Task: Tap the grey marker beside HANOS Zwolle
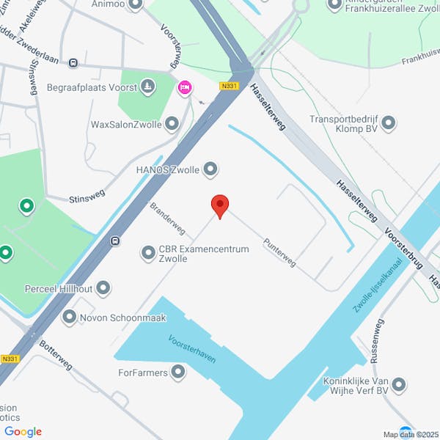coord(211,170)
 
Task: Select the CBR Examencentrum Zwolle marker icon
coord(147,253)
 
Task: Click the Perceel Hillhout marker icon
coord(103,288)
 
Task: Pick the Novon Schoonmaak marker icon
coord(70,318)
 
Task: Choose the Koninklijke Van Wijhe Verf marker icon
coord(399,384)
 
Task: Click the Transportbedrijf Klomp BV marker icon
coord(389,122)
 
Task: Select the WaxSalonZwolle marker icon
coord(172,123)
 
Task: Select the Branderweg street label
coord(167,218)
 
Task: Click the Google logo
coord(23,432)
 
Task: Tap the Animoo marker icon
coord(135,5)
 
